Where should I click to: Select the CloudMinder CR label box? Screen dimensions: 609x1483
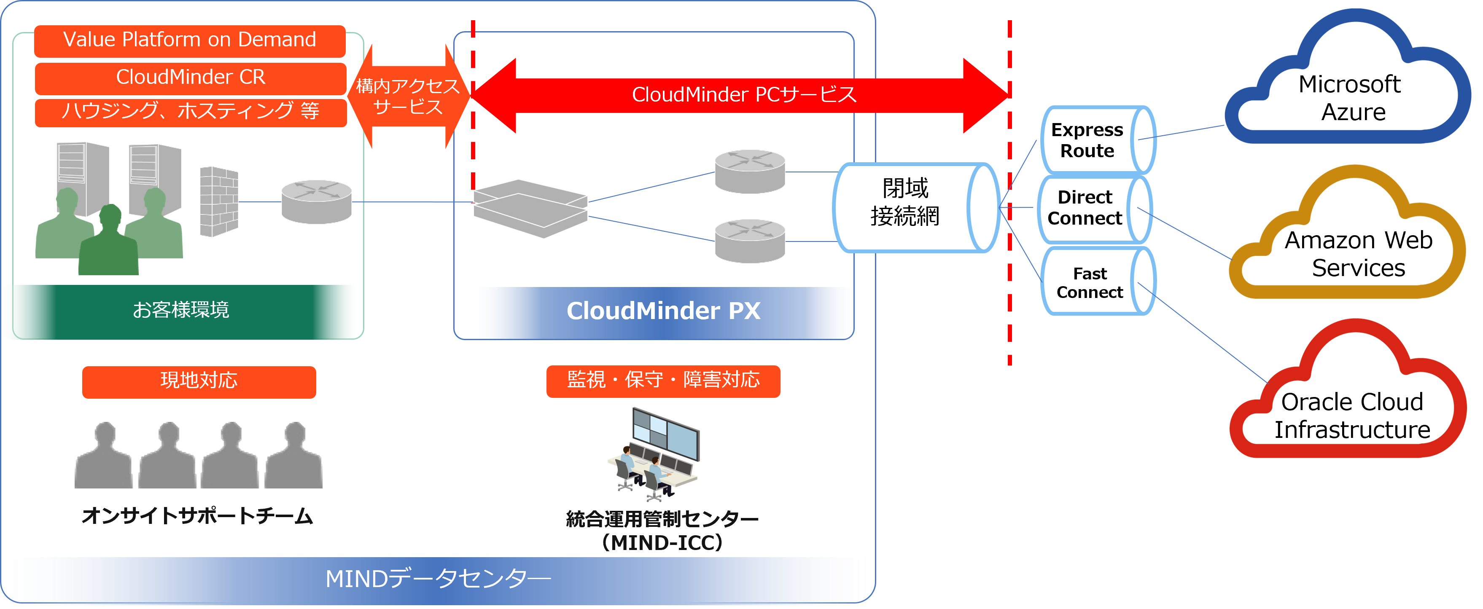[191, 78]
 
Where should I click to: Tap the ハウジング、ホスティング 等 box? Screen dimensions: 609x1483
[191, 112]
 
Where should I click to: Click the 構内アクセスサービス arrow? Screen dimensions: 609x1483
[408, 97]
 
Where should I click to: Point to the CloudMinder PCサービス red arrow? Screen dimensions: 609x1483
[743, 95]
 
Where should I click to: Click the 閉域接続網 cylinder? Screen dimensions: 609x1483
[915, 207]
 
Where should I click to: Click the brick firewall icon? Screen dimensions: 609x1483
[219, 201]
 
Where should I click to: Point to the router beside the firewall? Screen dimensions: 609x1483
[316, 201]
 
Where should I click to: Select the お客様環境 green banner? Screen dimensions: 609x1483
[181, 310]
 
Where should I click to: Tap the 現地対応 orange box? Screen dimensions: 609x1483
[199, 381]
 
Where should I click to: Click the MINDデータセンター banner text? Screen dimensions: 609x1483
[438, 579]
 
